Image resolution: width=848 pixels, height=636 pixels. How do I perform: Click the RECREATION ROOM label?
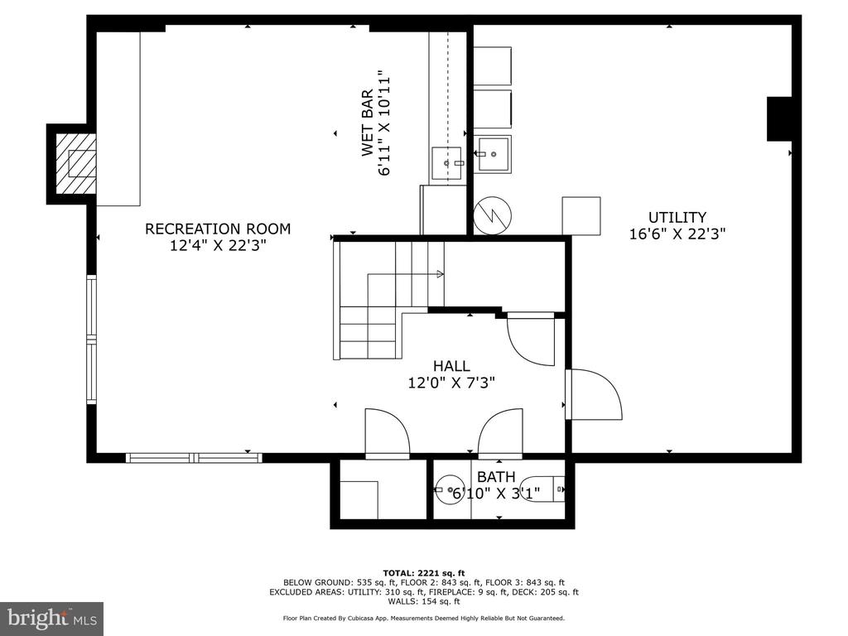coord(218,229)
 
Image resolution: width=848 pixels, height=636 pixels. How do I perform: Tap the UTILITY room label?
coord(677,218)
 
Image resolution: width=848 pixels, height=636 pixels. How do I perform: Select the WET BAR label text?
coord(367,123)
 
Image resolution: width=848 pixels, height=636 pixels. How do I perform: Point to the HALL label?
coord(451,365)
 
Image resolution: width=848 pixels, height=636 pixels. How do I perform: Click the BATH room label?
coord(496,477)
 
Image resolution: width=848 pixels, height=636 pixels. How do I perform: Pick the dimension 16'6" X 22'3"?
coord(677,234)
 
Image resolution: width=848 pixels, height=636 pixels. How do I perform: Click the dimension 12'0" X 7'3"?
coord(451,383)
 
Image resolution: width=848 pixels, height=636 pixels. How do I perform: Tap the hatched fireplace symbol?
coord(75,164)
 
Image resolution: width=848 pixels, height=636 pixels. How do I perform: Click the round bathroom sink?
coord(449,489)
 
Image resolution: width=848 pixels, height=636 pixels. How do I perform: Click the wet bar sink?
coord(446,163)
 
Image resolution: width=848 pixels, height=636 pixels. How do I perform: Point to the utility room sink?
coord(492,154)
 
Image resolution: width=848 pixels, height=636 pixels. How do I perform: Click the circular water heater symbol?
coord(492,215)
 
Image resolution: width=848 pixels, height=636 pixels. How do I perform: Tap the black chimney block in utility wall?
coord(779,119)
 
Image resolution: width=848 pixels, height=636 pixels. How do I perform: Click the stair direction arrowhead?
coord(441,274)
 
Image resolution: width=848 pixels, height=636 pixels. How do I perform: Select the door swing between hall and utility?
coord(594,394)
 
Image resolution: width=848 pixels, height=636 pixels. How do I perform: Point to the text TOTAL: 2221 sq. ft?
coord(424,573)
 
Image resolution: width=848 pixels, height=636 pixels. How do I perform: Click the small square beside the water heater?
coord(581,216)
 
